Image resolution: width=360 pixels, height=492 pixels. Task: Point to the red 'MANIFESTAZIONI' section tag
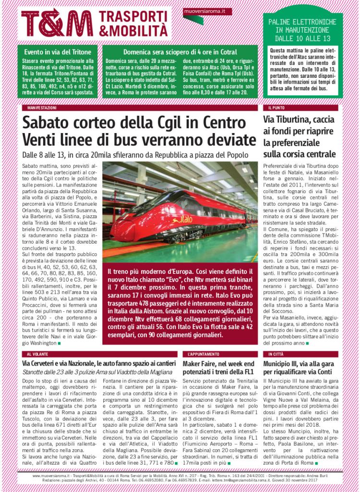[x=42, y=109]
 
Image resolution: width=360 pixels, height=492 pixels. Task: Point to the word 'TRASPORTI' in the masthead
[x=130, y=15]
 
